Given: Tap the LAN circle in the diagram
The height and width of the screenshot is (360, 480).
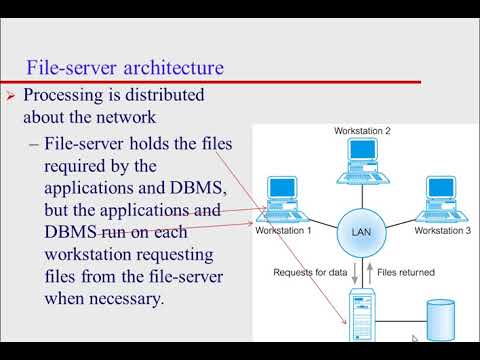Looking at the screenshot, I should pyautogui.click(x=360, y=231).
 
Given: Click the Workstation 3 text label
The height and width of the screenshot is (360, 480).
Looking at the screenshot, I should pyautogui.click(x=442, y=231).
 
